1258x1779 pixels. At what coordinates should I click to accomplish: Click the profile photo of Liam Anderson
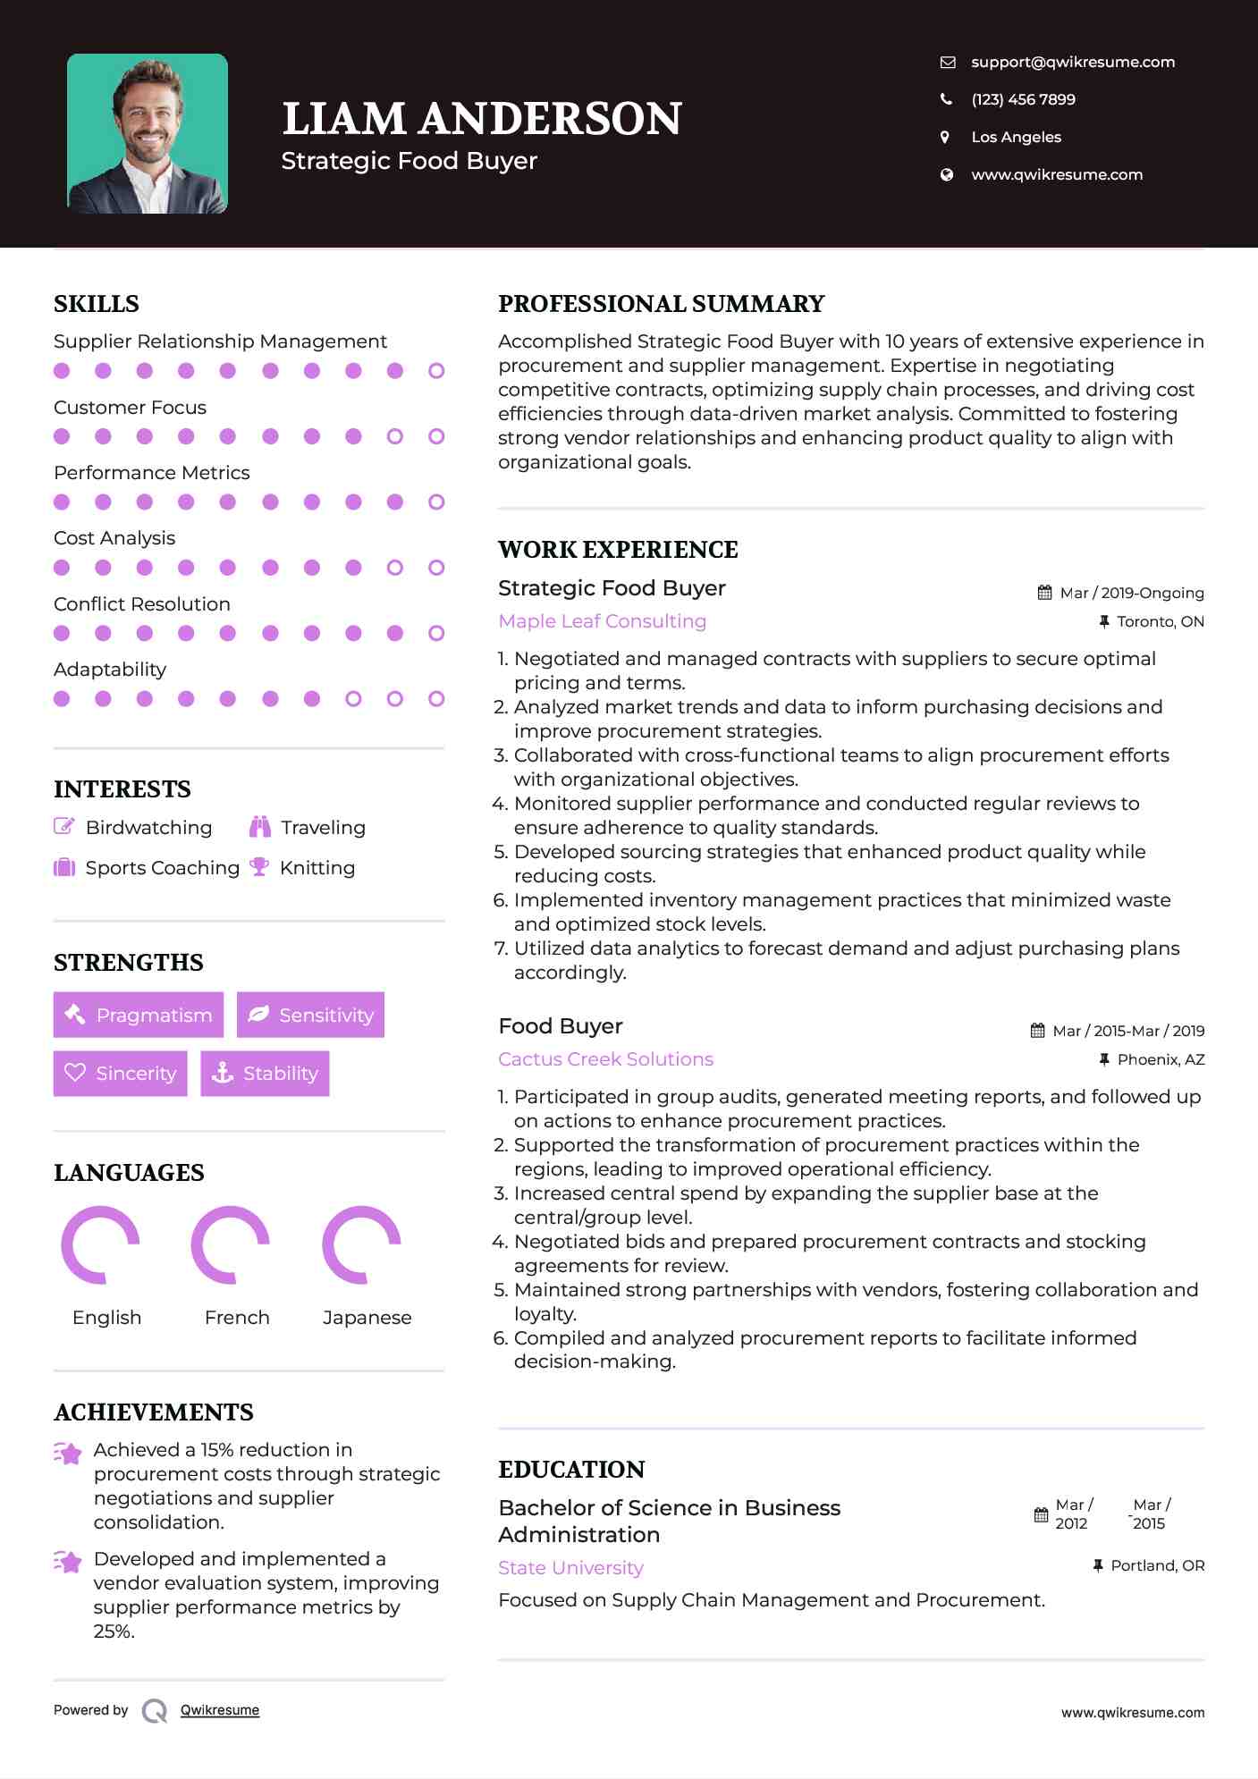pyautogui.click(x=148, y=133)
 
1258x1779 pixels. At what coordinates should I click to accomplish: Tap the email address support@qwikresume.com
pyautogui.click(x=1072, y=62)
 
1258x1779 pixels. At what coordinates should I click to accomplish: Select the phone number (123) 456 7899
pyautogui.click(x=1023, y=99)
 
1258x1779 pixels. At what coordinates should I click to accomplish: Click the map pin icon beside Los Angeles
pyautogui.click(x=945, y=137)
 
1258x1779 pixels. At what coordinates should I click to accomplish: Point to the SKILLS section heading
pyautogui.click(x=97, y=304)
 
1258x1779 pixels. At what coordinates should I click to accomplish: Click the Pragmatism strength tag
pyautogui.click(x=139, y=1015)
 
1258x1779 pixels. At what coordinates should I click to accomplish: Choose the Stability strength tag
pyautogui.click(x=265, y=1073)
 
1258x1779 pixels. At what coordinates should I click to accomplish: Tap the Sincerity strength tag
pyautogui.click(x=121, y=1073)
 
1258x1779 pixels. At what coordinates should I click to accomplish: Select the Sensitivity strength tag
pyautogui.click(x=310, y=1015)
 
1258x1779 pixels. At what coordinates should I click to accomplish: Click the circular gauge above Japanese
pyautogui.click(x=361, y=1244)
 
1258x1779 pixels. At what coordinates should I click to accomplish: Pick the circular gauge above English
pyautogui.click(x=100, y=1244)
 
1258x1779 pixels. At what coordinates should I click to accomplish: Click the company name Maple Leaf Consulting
pyautogui.click(x=602, y=621)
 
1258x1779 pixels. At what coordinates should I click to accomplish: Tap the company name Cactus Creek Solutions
pyautogui.click(x=605, y=1059)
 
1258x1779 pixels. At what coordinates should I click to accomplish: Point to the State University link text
pyautogui.click(x=570, y=1568)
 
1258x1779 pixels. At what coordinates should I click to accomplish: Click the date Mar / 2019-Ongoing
pyautogui.click(x=1131, y=593)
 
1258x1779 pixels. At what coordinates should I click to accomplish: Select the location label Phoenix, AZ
pyautogui.click(x=1161, y=1059)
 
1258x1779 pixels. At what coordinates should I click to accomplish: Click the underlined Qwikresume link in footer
pyautogui.click(x=220, y=1710)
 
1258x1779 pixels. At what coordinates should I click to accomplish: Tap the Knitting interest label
pyautogui.click(x=317, y=868)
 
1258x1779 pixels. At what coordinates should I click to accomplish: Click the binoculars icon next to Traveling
pyautogui.click(x=260, y=827)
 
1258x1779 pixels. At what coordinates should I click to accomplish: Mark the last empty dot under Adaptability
pyautogui.click(x=436, y=699)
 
